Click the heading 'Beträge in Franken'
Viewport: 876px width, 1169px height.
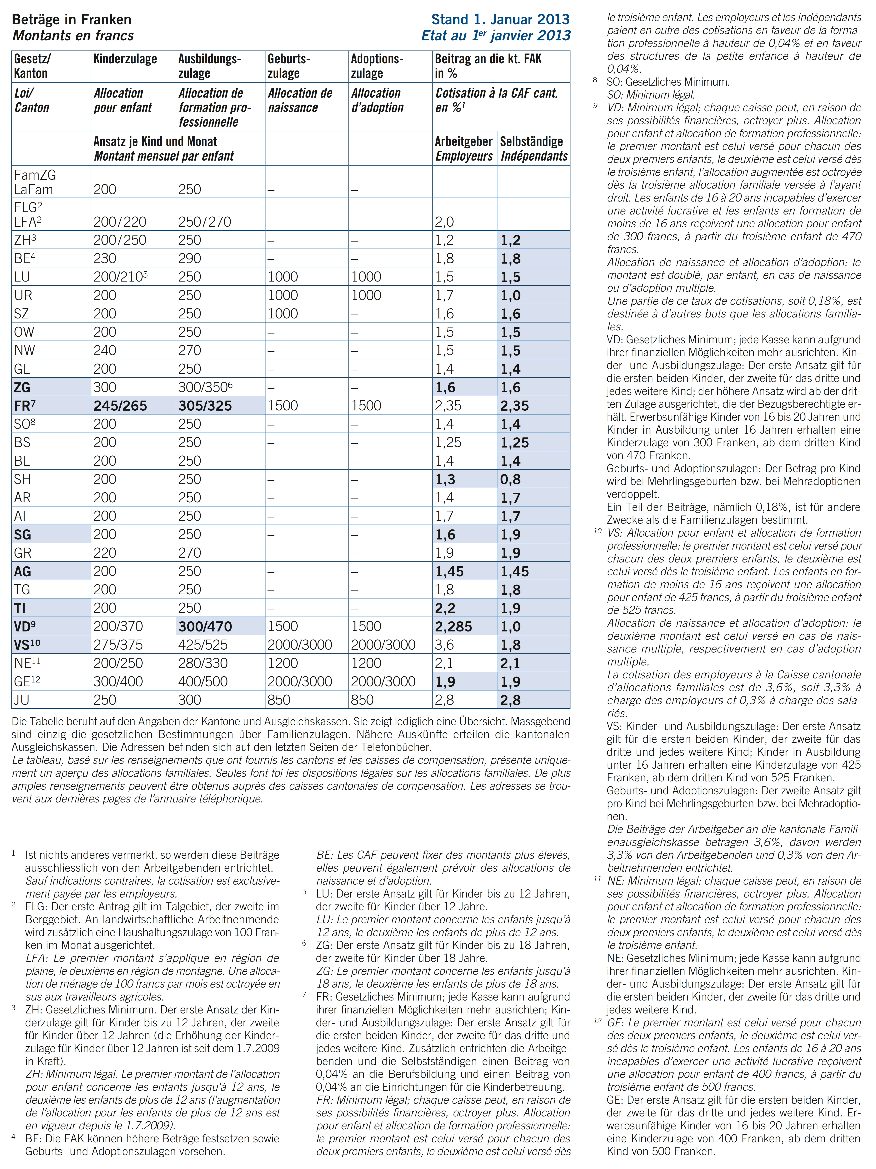pyautogui.click(x=71, y=20)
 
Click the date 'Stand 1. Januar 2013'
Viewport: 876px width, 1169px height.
pyautogui.click(x=500, y=20)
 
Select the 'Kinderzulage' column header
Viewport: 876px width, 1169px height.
pyautogui.click(x=125, y=59)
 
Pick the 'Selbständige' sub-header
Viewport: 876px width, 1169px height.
pyautogui.click(x=531, y=142)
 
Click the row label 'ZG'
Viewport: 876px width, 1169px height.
pyautogui.click(x=22, y=387)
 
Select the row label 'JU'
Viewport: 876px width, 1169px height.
pyautogui.click(x=22, y=700)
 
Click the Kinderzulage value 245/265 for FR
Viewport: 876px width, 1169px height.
pyautogui.click(x=120, y=406)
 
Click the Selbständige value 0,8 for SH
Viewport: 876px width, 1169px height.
pyautogui.click(x=511, y=479)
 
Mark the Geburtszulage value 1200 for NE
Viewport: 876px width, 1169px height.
pyautogui.click(x=283, y=663)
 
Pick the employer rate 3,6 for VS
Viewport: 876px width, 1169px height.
pyautogui.click(x=444, y=645)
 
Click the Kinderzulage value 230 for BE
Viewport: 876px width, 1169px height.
pyautogui.click(x=105, y=258)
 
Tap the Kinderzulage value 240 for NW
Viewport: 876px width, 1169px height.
pyautogui.click(x=105, y=350)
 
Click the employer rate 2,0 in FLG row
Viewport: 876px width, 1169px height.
pyautogui.click(x=444, y=222)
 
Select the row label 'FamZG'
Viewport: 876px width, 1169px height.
pyautogui.click(x=35, y=175)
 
